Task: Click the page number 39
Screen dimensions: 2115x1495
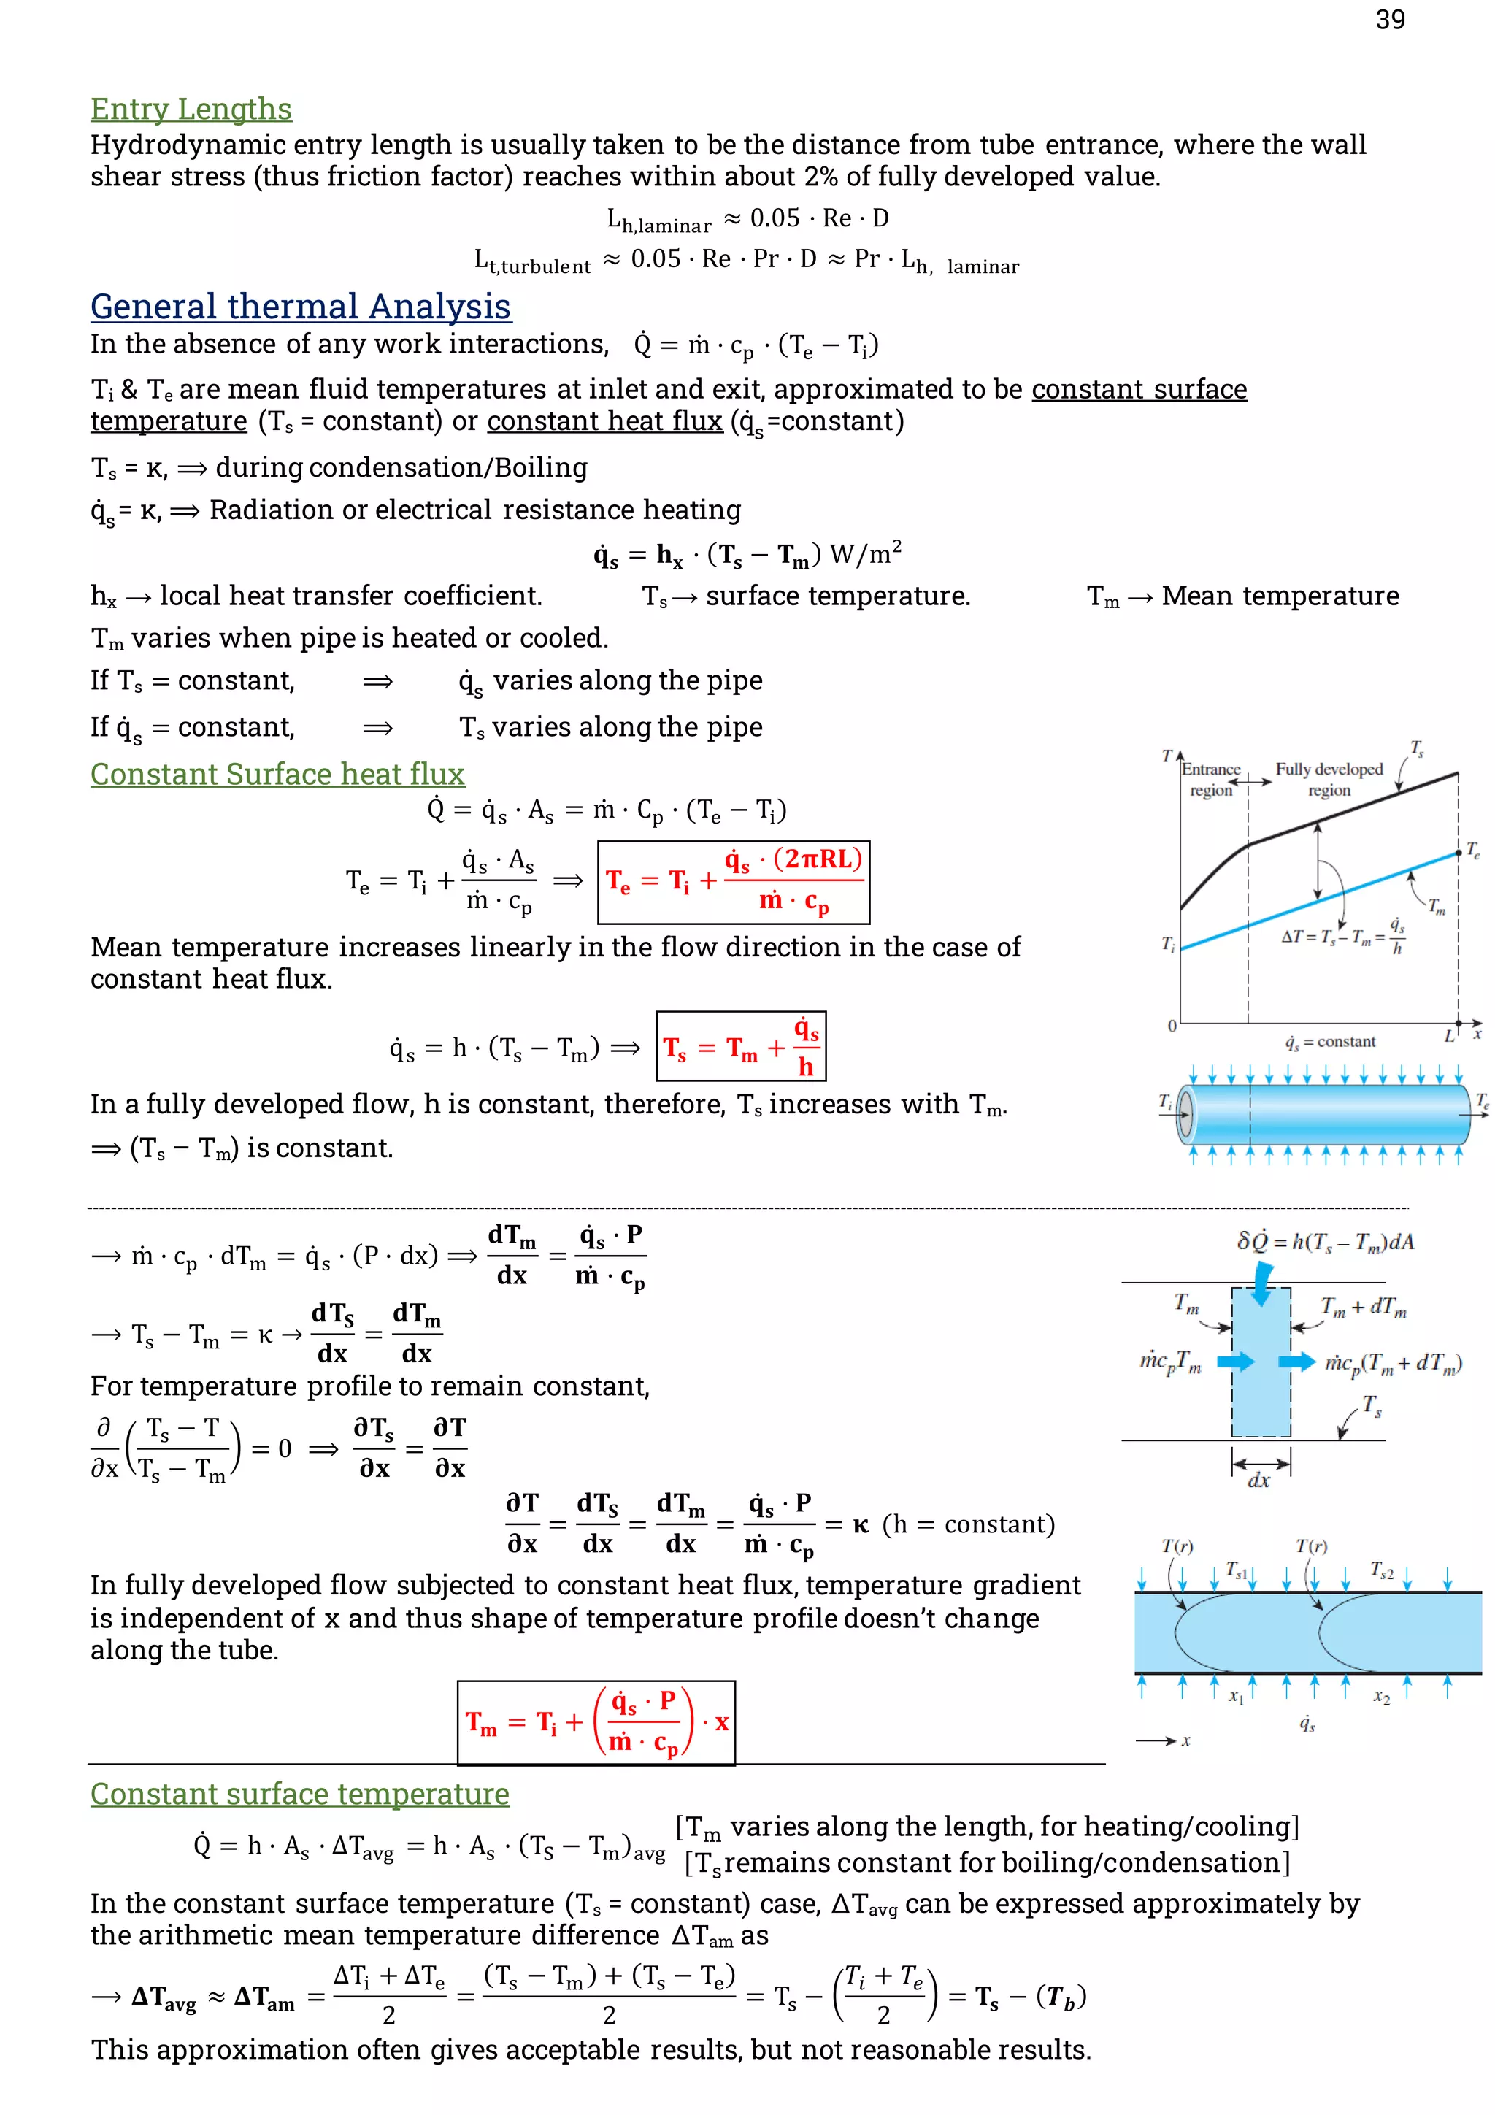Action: pos(1389,20)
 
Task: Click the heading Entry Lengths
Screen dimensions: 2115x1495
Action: pos(191,109)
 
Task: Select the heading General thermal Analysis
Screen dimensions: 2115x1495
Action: pos(300,306)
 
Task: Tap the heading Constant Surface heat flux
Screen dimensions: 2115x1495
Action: pos(277,774)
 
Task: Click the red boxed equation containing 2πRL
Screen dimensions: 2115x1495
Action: pos(733,883)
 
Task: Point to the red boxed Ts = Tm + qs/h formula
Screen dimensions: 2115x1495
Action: pos(741,1046)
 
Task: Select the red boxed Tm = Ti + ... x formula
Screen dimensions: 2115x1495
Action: pos(596,1722)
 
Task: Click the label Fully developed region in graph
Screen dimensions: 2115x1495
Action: pos(1329,779)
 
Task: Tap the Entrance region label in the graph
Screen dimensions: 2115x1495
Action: pos(1210,779)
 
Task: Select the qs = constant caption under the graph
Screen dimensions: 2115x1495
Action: pos(1329,1042)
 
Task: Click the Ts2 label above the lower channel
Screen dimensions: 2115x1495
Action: pos(1381,1570)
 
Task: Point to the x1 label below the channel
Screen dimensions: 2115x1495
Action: pos(1235,1696)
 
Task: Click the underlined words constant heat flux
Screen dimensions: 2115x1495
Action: pos(604,421)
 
